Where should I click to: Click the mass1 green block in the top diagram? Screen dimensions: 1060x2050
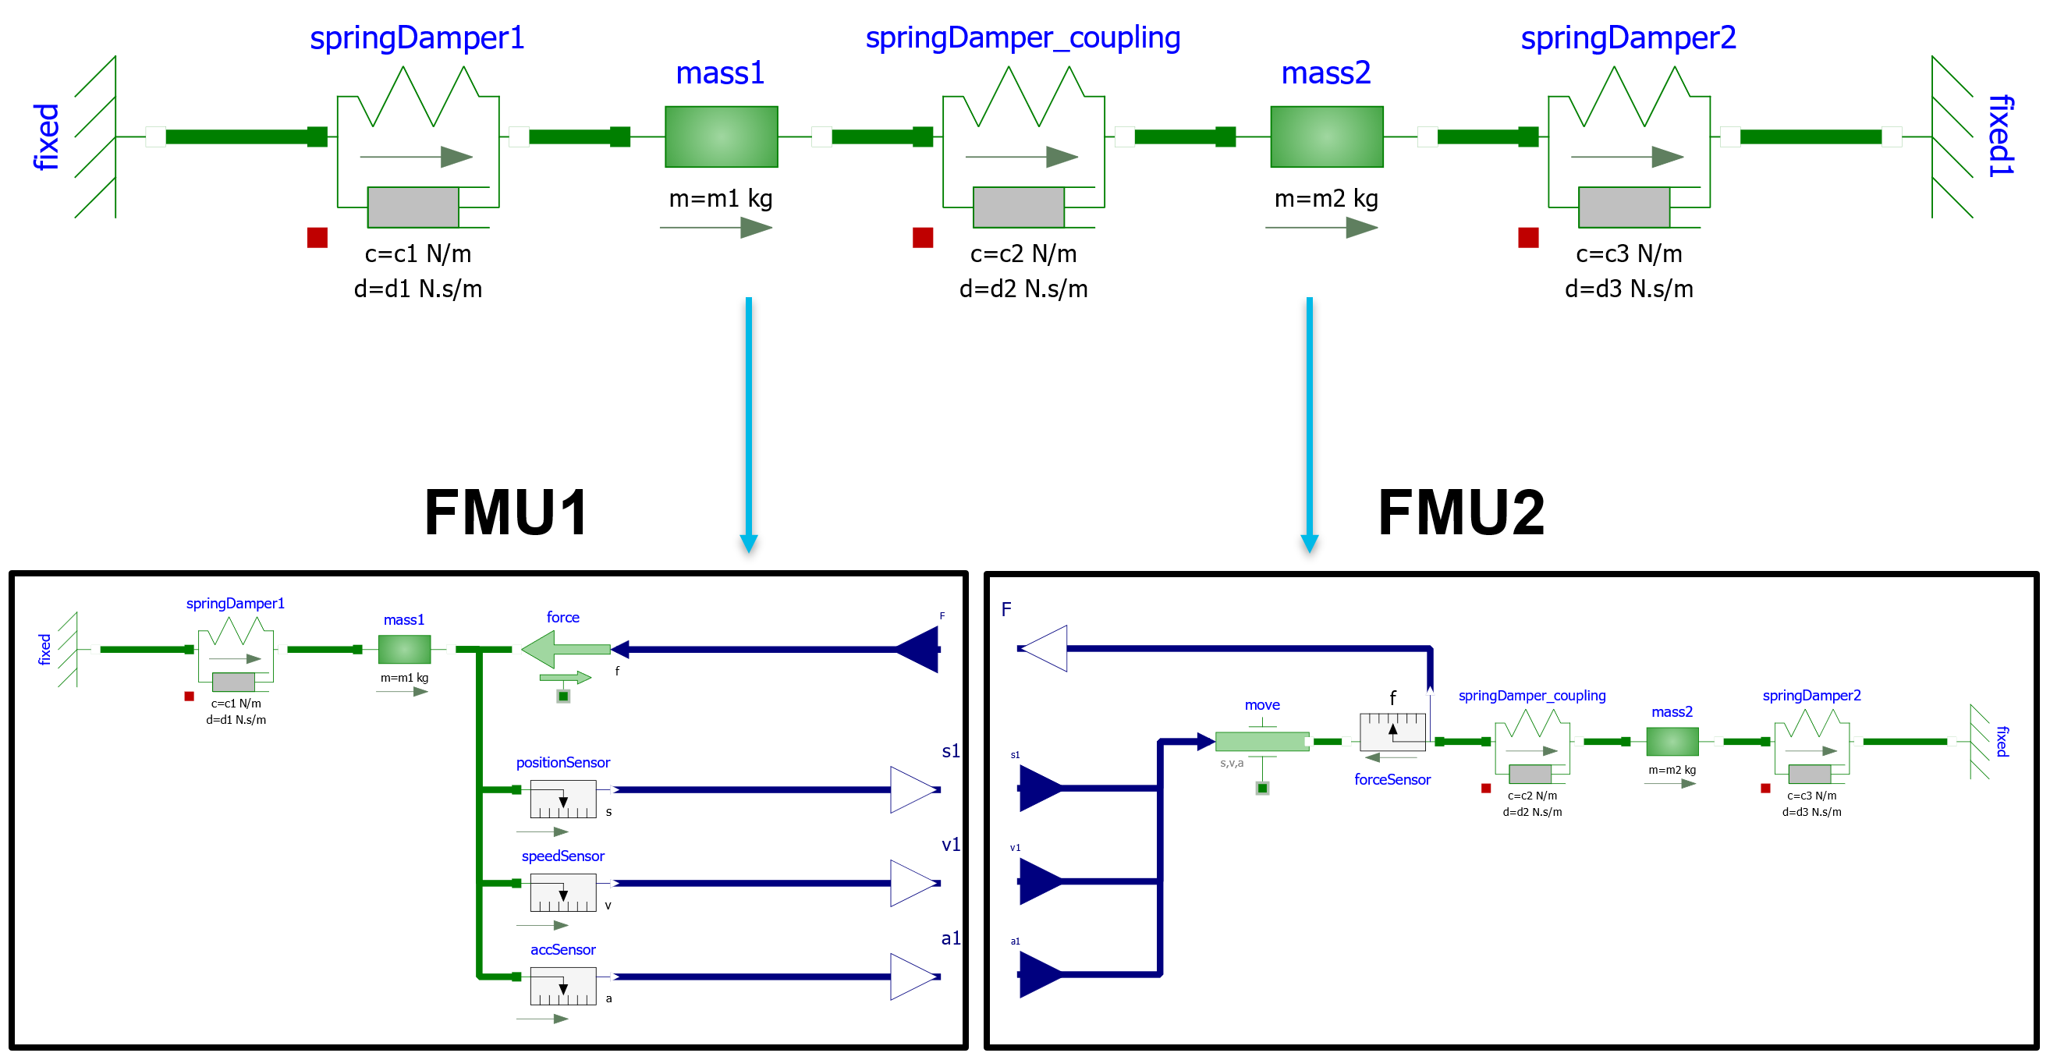click(721, 136)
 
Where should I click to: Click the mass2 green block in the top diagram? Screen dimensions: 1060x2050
click(1327, 136)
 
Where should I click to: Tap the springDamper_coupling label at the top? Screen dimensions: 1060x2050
click(1023, 37)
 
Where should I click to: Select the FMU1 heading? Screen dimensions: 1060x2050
click(506, 513)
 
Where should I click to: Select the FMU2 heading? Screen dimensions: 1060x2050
click(1461, 513)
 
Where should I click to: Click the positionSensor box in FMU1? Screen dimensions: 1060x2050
click(563, 798)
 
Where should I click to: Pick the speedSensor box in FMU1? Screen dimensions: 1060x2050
click(563, 892)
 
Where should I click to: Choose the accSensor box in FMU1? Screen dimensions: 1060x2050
click(563, 985)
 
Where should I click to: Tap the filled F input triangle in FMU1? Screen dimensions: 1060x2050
click(919, 650)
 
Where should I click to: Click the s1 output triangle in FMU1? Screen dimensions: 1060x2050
click(913, 789)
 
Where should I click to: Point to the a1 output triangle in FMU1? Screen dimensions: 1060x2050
click(913, 977)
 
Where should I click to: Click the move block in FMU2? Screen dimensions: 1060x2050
click(1262, 742)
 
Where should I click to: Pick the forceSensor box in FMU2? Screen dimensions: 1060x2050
click(1392, 732)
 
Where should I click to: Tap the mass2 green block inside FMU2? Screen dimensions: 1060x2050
click(1672, 742)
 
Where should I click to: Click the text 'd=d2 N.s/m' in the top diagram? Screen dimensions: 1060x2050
click(1023, 289)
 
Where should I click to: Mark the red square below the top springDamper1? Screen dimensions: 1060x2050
click(317, 238)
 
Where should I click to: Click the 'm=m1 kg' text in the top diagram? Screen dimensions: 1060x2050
click(721, 198)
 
